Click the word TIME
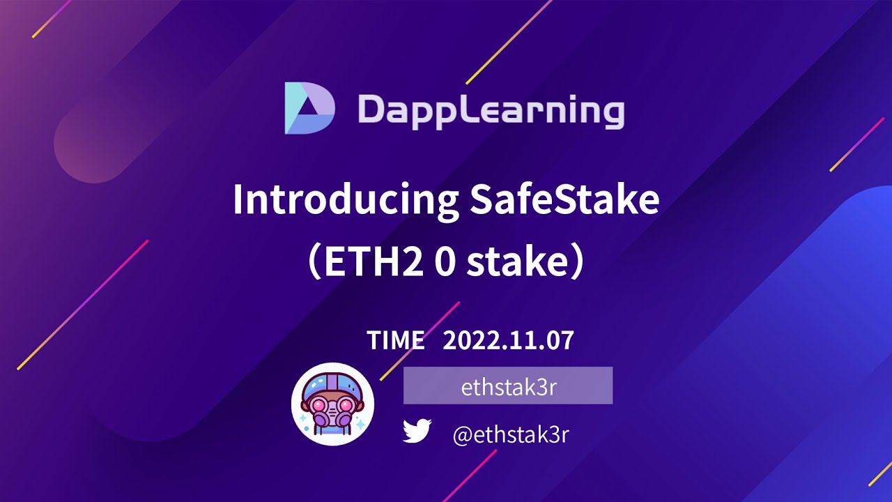click(x=395, y=340)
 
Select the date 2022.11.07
click(x=508, y=340)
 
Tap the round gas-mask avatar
click(x=332, y=404)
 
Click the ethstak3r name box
click(x=508, y=386)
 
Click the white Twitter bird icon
click(x=417, y=432)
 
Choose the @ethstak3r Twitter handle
click(x=511, y=435)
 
